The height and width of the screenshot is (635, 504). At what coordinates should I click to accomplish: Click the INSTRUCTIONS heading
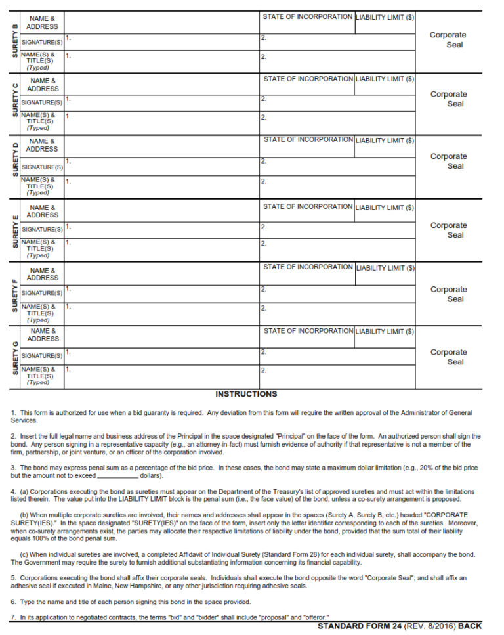(246, 394)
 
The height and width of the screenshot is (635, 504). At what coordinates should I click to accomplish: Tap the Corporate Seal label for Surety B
(448, 40)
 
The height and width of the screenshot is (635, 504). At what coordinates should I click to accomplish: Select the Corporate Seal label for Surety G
(448, 357)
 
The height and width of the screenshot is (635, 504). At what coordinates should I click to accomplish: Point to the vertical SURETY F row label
(15, 294)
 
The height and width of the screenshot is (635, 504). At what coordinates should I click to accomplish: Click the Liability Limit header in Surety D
(385, 141)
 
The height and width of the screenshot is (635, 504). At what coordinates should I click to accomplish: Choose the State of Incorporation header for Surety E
(307, 207)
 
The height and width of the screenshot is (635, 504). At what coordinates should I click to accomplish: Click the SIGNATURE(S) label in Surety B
(42, 42)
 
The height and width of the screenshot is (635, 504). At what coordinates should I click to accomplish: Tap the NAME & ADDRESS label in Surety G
(43, 335)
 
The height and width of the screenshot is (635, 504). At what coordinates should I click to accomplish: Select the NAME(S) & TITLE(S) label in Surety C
(40, 121)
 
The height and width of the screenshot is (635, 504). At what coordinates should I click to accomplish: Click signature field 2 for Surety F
(337, 293)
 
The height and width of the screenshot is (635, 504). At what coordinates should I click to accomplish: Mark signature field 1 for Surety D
(161, 166)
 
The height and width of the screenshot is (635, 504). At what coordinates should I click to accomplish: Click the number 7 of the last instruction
(12, 617)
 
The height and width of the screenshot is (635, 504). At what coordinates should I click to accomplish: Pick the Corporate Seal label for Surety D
(448, 162)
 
